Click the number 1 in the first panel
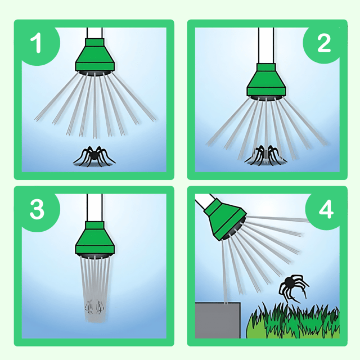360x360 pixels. click(36, 43)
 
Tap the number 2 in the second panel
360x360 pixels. click(324, 43)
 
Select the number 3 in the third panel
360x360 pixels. click(37, 209)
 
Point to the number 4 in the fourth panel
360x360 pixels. click(326, 209)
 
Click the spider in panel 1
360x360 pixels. click(94, 156)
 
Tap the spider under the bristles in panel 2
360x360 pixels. click(265, 155)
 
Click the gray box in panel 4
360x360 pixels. click(218, 320)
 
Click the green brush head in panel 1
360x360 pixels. click(95, 55)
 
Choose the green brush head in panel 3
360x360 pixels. click(95, 238)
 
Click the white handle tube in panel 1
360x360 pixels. click(94, 33)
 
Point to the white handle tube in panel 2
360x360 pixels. click(266, 46)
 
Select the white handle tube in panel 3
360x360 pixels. click(94, 208)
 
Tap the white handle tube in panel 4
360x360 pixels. click(205, 201)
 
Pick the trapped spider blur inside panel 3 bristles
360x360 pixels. click(94, 307)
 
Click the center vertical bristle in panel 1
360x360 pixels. click(94, 106)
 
